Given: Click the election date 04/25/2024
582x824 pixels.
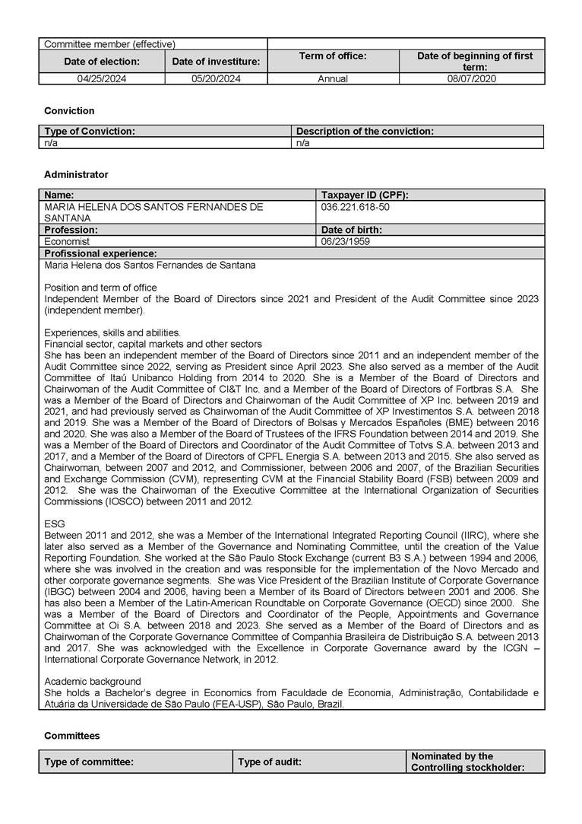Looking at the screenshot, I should click(101, 78).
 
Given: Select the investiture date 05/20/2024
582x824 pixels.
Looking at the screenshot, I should click(216, 78).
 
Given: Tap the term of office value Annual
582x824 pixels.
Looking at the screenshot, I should click(333, 78).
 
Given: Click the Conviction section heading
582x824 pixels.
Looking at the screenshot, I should click(69, 111).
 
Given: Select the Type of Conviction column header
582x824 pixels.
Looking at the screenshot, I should click(90, 131).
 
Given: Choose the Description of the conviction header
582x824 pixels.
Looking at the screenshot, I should click(365, 131).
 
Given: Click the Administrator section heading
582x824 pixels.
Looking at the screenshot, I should click(76, 174).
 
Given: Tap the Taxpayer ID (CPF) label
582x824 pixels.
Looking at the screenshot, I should click(365, 195).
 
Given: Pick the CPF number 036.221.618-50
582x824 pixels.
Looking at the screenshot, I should click(356, 206).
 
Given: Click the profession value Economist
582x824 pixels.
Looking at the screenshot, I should click(67, 241).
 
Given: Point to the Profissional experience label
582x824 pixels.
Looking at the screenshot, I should click(100, 253).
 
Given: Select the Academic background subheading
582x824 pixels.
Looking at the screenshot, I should click(92, 681).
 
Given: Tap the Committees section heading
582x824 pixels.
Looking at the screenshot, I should click(71, 736).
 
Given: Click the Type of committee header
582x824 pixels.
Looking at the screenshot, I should click(89, 762).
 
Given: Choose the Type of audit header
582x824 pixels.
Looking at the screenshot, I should click(270, 762).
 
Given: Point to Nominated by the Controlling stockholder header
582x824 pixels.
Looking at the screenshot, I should click(467, 762).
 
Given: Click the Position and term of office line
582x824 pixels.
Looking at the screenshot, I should click(100, 288).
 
